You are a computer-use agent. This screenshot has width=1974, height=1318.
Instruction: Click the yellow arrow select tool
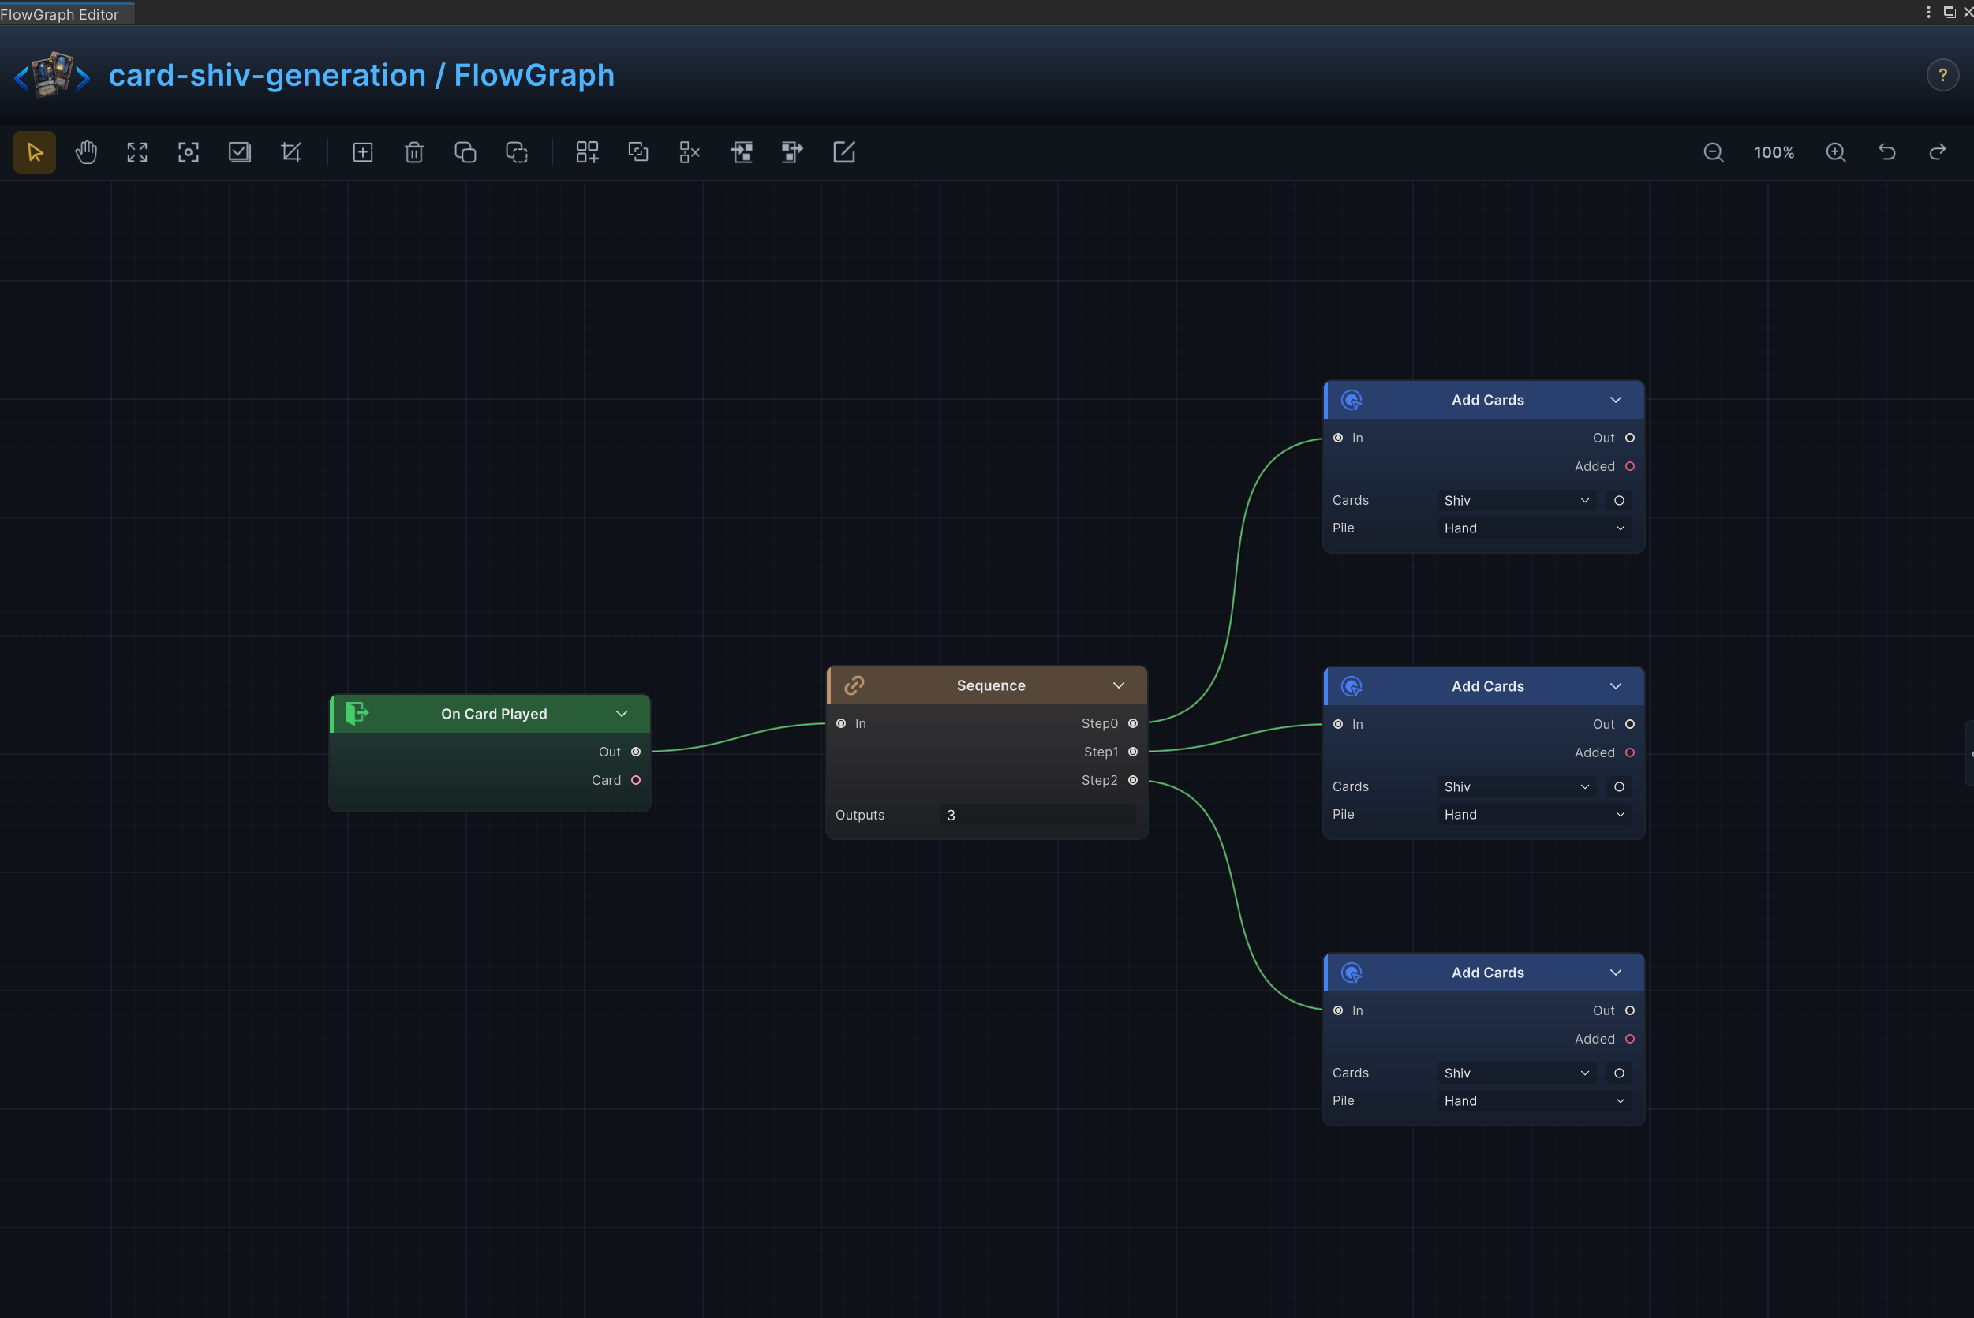(x=35, y=152)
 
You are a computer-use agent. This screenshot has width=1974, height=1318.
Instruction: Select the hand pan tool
(x=86, y=152)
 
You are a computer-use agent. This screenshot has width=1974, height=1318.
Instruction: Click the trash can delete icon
(x=413, y=152)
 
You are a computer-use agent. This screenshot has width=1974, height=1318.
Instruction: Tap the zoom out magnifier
(x=1714, y=152)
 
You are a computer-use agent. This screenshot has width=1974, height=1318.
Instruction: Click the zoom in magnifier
(x=1836, y=152)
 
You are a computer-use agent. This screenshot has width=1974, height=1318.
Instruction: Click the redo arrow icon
(x=1938, y=152)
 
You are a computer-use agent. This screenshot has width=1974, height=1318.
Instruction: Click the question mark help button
(x=1943, y=76)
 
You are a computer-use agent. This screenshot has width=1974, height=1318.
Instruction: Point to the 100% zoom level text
(x=1774, y=153)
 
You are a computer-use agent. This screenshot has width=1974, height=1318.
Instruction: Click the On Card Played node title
(x=495, y=714)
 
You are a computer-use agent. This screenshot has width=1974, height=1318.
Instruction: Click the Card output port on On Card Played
(x=636, y=780)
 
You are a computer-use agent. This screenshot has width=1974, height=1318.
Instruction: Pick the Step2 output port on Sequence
(x=1132, y=780)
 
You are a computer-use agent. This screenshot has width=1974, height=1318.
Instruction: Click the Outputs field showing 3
(x=1037, y=815)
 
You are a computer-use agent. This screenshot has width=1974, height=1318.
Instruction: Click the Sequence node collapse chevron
(x=1119, y=686)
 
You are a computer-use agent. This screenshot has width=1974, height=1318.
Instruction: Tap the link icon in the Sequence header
(x=854, y=686)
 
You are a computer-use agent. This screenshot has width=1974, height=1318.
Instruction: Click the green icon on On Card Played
(x=357, y=714)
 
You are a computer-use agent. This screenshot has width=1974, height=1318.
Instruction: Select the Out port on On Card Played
(x=636, y=752)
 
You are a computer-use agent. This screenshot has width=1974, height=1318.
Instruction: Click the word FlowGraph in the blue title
(x=534, y=76)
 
